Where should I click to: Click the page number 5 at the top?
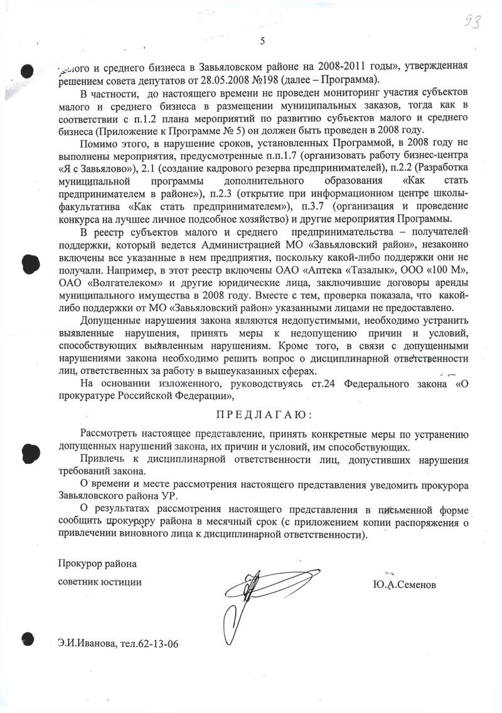(262, 41)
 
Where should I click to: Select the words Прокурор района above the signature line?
(97, 562)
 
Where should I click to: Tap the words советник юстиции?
(99, 581)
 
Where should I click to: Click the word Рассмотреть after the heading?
(113, 436)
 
